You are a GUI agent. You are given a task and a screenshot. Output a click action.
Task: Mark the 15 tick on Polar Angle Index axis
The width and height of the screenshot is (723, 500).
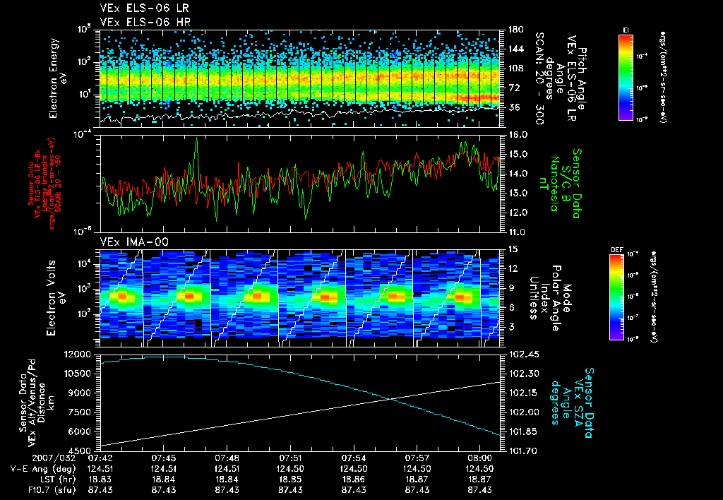coord(512,249)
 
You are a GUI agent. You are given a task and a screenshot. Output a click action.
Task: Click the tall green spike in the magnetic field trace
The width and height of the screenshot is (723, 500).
coord(196,141)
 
